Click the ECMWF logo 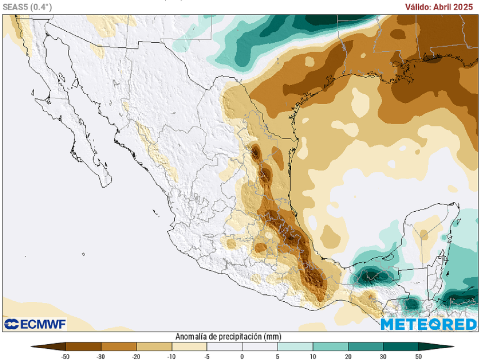pyautogui.click(x=35, y=324)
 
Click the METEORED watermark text pyautogui.click(x=428, y=324)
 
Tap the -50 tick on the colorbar pyautogui.click(x=66, y=356)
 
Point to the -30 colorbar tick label pyautogui.click(x=101, y=356)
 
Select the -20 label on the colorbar pyautogui.click(x=136, y=356)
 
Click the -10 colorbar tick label pyautogui.click(x=171, y=356)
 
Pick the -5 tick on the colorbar pyautogui.click(x=207, y=356)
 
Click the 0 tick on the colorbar pyautogui.click(x=242, y=356)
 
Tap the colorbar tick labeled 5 pyautogui.click(x=278, y=356)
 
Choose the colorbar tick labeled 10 pyautogui.click(x=313, y=356)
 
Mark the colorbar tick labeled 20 pyautogui.click(x=348, y=356)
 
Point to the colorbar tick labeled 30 pyautogui.click(x=383, y=356)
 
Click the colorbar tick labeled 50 pyautogui.click(x=419, y=356)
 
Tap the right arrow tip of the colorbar pyautogui.click(x=452, y=346)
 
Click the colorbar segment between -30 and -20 pyautogui.click(x=118, y=346)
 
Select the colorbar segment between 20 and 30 pyautogui.click(x=366, y=346)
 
